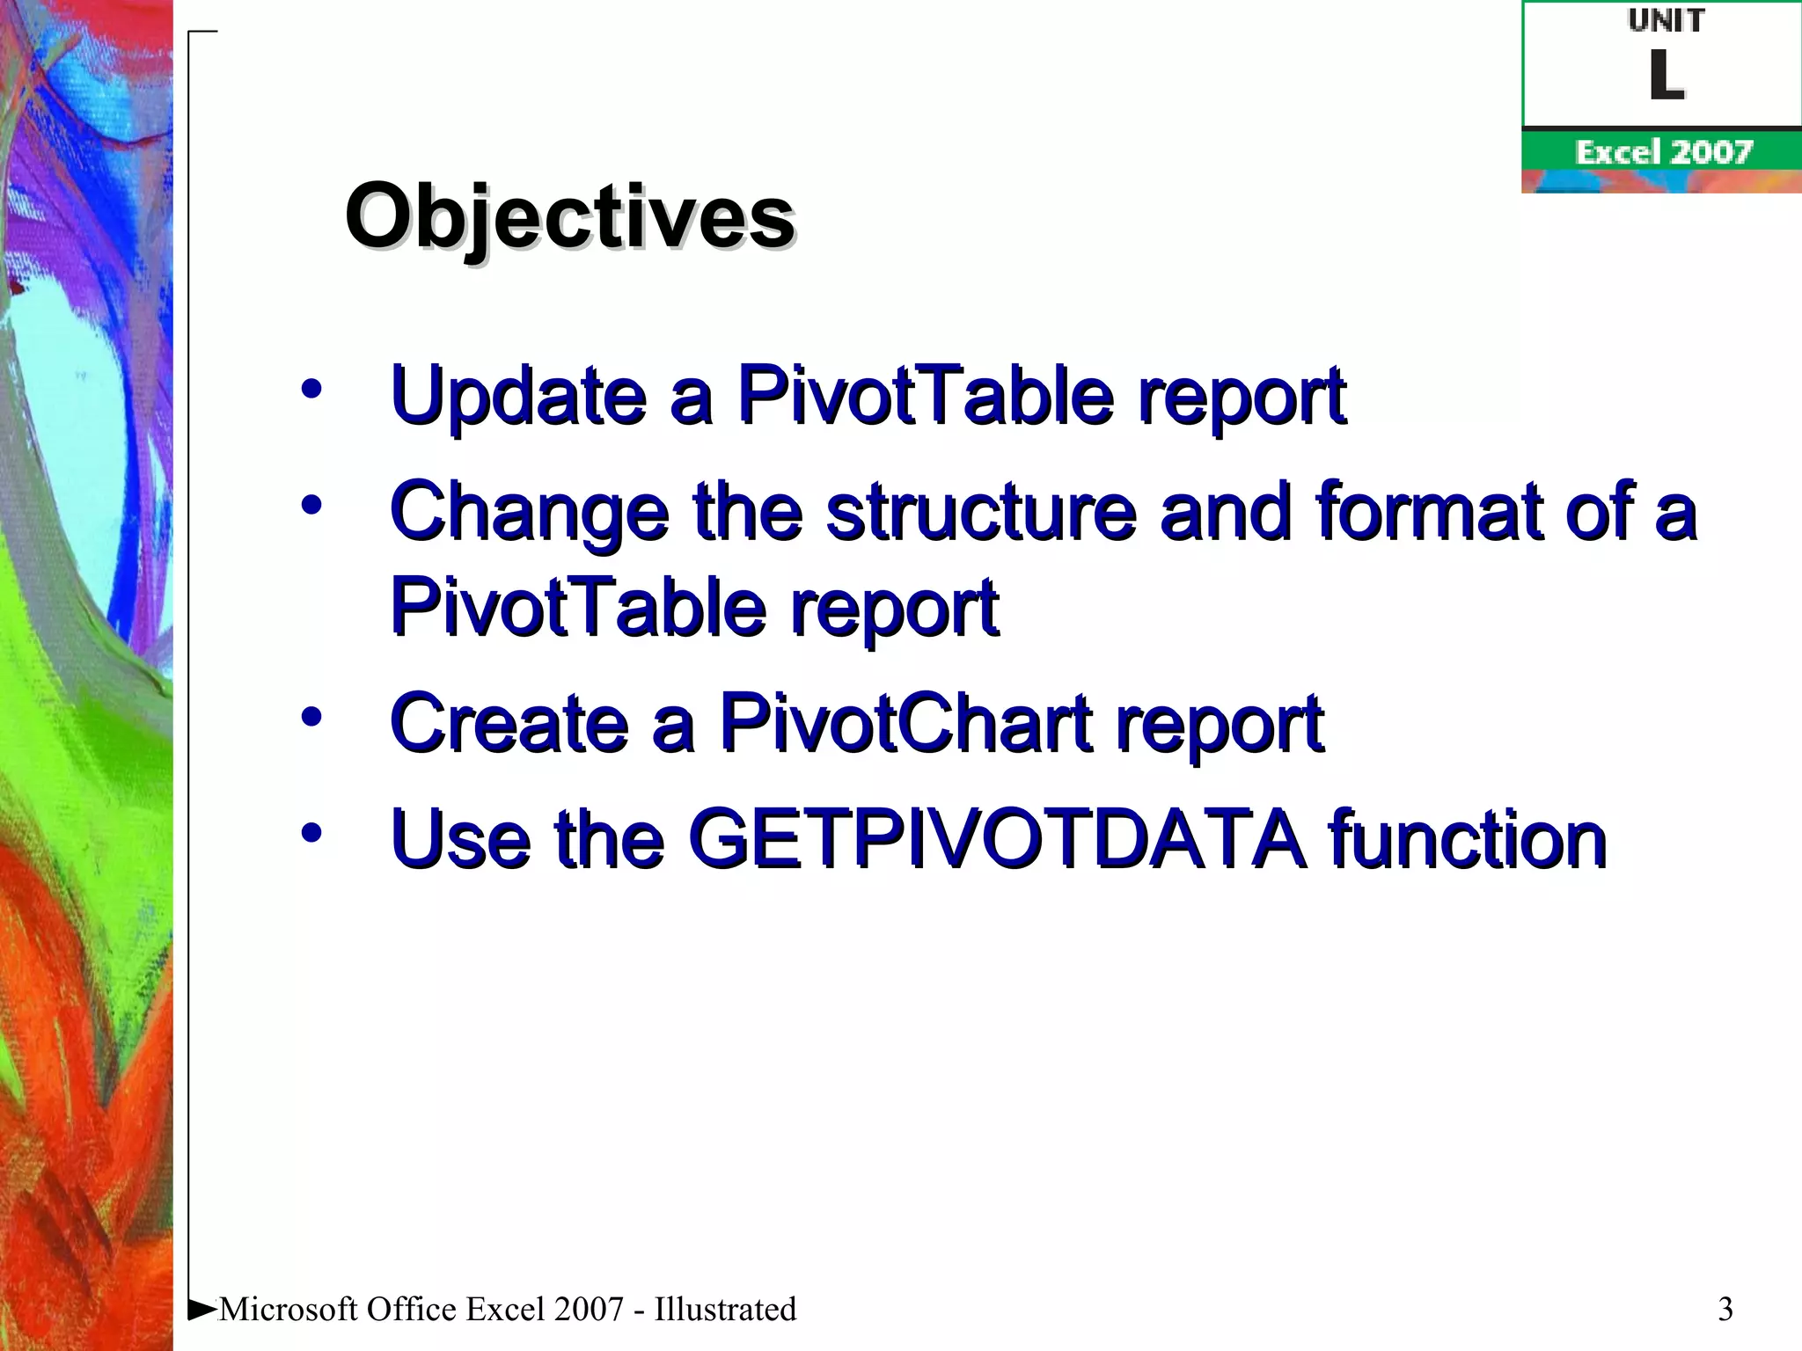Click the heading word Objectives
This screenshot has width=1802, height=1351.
coord(570,215)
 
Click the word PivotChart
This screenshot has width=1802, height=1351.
coord(906,723)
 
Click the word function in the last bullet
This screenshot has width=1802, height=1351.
coord(1467,839)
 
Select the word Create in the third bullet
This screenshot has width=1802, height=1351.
coord(509,723)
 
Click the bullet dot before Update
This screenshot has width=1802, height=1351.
coord(311,389)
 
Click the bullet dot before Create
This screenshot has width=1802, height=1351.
coord(311,716)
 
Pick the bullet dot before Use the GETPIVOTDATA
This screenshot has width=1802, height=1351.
coord(311,832)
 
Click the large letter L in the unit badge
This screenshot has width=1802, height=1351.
coord(1666,76)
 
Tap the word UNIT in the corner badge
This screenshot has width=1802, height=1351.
coord(1666,20)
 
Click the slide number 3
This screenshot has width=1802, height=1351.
coord(1725,1309)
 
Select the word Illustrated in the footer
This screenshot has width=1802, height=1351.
coord(725,1309)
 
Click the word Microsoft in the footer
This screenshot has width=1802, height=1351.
coord(289,1309)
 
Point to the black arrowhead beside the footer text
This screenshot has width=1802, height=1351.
coord(201,1310)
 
